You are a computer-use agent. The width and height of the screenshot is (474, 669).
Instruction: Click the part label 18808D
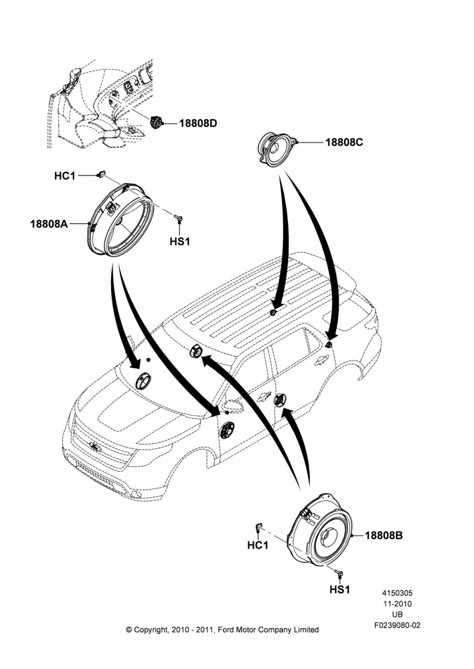[197, 123]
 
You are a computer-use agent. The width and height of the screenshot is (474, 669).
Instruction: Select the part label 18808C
[344, 142]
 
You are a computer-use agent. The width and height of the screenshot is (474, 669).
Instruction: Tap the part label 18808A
[49, 223]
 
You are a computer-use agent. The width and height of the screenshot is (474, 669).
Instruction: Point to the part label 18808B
[384, 535]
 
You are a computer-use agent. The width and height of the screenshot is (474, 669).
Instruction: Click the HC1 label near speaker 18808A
[64, 176]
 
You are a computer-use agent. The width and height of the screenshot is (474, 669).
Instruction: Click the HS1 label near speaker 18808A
[180, 242]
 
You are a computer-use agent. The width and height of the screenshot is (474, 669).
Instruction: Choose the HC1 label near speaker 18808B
[258, 545]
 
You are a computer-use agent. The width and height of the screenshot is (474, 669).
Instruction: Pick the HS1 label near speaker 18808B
[340, 589]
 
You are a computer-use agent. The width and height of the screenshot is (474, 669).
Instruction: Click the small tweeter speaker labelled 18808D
[156, 122]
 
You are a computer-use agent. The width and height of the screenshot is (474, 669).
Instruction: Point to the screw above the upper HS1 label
[179, 219]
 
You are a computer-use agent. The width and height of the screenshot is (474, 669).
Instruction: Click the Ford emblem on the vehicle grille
[95, 447]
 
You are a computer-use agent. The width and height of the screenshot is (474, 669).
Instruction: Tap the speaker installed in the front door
[227, 430]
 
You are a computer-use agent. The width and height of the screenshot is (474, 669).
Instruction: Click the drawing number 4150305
[397, 593]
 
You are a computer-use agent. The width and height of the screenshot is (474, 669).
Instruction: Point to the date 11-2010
[397, 604]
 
